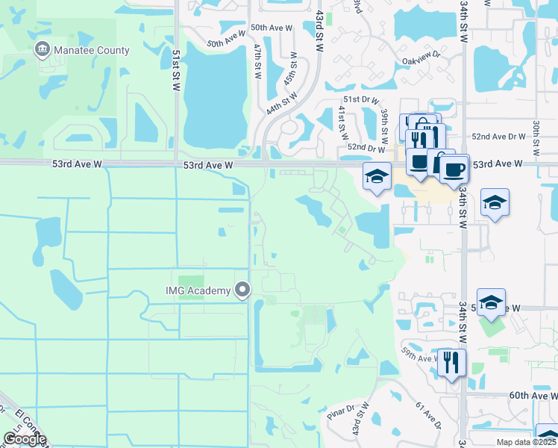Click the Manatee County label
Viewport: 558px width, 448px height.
pyautogui.click(x=92, y=51)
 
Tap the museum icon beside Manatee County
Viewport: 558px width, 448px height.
pyautogui.click(x=42, y=51)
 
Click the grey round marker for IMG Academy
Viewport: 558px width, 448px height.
pyautogui.click(x=242, y=290)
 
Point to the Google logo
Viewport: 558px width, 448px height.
pyautogui.click(x=25, y=438)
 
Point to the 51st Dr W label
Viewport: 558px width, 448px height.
pyautogui.click(x=361, y=100)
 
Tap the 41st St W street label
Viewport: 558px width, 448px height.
pyautogui.click(x=343, y=121)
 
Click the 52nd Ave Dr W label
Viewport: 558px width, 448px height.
pyautogui.click(x=499, y=137)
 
